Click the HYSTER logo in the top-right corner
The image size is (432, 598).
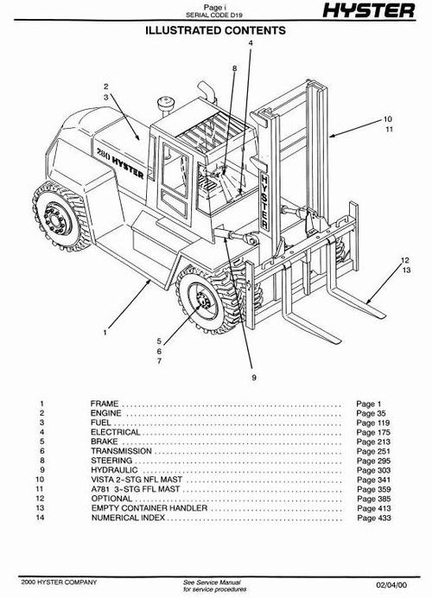[x=368, y=10]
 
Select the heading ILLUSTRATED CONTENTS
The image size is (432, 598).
[x=215, y=30]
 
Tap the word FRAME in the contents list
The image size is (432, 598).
[x=105, y=404]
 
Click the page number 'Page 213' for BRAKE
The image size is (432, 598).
[x=373, y=442]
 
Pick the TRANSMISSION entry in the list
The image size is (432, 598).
[x=121, y=451]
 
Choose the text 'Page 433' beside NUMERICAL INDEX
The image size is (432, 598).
[x=374, y=518]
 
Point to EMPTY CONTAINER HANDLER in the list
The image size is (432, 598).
[x=149, y=508]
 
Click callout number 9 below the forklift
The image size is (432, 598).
[x=254, y=378]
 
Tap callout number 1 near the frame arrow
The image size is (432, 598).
[x=105, y=333]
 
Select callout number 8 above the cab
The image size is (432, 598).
[x=234, y=68]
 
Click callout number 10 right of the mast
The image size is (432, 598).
[x=387, y=119]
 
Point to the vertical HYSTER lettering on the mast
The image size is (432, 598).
[x=264, y=202]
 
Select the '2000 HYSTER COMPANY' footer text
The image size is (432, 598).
[x=59, y=582]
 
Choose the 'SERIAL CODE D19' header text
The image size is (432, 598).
[x=214, y=16]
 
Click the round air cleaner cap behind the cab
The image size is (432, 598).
[x=166, y=103]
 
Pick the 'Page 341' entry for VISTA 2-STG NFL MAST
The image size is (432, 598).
[x=373, y=480]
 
